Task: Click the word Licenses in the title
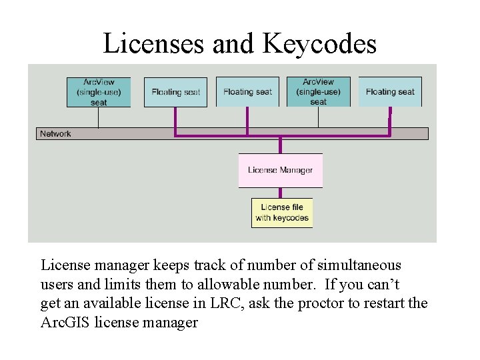click(154, 44)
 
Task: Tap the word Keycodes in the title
click(319, 44)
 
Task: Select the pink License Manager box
click(280, 170)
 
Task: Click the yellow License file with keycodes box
click(281, 212)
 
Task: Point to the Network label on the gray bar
click(55, 134)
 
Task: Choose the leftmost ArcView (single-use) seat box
click(99, 92)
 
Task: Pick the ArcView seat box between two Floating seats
click(318, 92)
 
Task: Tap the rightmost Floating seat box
click(390, 92)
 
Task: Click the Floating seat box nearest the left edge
click(175, 92)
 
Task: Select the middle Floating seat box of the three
click(247, 92)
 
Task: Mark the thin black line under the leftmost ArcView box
click(99, 117)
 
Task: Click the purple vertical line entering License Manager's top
click(280, 145)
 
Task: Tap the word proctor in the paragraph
click(323, 304)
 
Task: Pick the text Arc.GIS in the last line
click(66, 323)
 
